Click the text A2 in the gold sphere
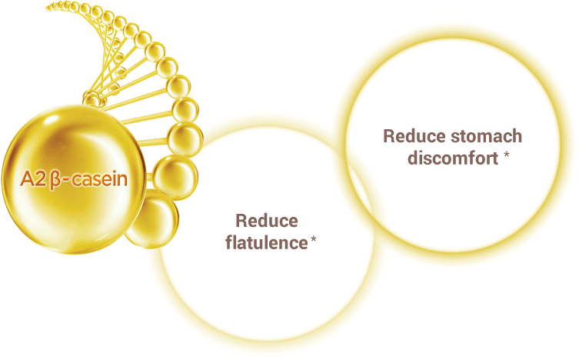(33, 179)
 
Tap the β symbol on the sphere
(55, 180)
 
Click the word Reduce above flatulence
(267, 221)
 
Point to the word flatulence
(266, 242)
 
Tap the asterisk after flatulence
(314, 240)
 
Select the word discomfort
(453, 158)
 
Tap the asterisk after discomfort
(507, 155)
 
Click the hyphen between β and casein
(66, 181)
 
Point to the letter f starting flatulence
(229, 242)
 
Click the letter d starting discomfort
(413, 158)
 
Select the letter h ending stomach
(517, 136)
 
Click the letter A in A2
(28, 179)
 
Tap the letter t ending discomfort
(495, 158)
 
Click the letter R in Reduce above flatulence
(241, 221)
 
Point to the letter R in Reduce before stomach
(389, 136)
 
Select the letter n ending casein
(122, 181)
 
